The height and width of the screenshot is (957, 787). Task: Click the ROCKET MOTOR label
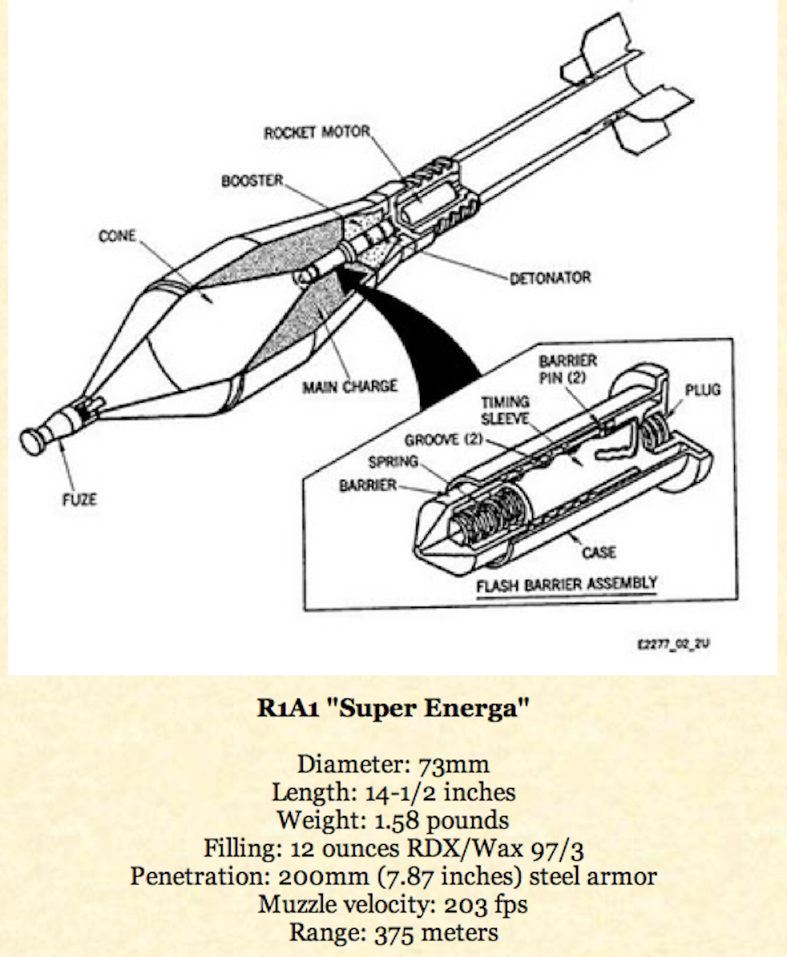tap(317, 132)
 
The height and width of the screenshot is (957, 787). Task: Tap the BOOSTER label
tap(252, 181)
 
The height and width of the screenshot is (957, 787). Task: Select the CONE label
tap(117, 236)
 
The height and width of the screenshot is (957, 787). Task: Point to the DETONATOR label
tap(551, 279)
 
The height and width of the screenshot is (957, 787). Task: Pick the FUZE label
tap(81, 500)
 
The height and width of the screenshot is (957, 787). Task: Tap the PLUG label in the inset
tap(702, 390)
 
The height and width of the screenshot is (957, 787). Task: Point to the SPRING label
tap(393, 462)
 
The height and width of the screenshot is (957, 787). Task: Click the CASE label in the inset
tap(599, 552)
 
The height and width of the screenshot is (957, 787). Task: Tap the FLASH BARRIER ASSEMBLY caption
tap(567, 585)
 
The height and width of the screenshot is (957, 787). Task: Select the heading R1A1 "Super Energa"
tap(392, 710)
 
